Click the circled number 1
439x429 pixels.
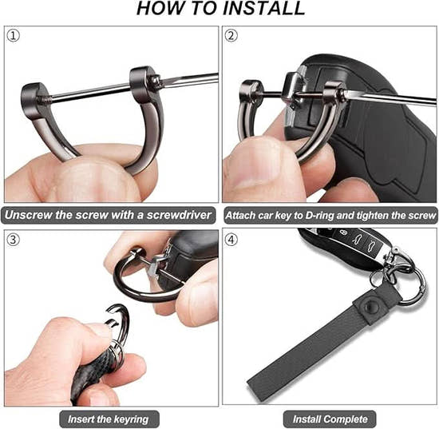coord(13,36)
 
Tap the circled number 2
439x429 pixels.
coord(231,36)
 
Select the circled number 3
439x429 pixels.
coord(13,240)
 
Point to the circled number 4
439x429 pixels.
coord(231,240)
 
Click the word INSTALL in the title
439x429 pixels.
coord(263,8)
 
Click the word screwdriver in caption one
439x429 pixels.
coord(179,215)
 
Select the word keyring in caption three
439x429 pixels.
coord(131,419)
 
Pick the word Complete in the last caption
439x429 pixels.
coord(346,419)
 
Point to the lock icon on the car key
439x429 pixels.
coord(343,232)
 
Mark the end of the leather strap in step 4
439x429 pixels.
coord(253,385)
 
